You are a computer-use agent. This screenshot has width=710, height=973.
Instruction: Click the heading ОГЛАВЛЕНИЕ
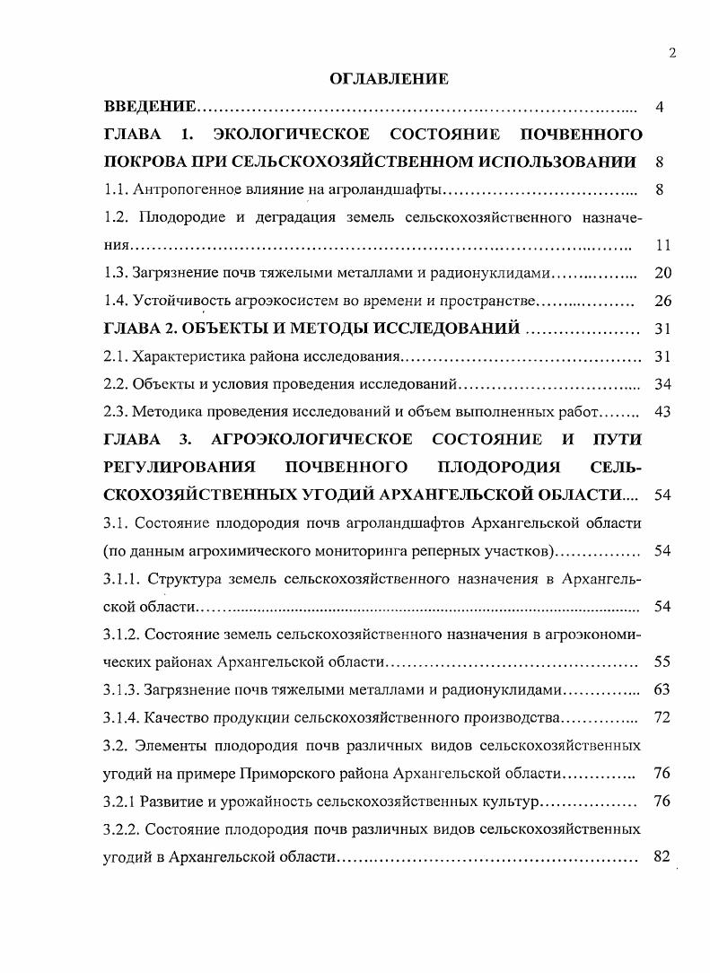coord(389,80)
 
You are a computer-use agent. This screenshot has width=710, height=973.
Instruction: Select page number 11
coord(663,245)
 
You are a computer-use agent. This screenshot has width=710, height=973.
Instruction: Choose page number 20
coord(663,273)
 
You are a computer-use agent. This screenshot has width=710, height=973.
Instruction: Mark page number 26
coord(663,301)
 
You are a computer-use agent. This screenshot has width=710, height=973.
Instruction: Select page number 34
coord(663,384)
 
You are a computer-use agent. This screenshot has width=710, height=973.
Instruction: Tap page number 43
coord(663,412)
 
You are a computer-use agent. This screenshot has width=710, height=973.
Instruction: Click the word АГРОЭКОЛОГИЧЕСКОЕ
coord(311,440)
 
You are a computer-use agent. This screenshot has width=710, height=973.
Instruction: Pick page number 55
coord(663,662)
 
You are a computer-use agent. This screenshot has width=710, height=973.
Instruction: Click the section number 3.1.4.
coord(121,718)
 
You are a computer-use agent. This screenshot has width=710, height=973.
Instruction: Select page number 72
coord(663,718)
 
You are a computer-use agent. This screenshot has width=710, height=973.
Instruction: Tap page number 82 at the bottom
coord(663,856)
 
